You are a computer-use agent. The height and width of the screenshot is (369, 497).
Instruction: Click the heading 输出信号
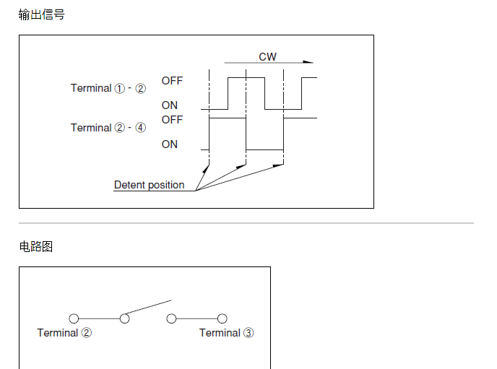point(41,14)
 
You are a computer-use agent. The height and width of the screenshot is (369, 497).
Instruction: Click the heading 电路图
point(35,247)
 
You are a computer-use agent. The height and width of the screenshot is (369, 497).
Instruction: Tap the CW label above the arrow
point(267,56)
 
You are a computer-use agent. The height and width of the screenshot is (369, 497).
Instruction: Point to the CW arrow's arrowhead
point(310,63)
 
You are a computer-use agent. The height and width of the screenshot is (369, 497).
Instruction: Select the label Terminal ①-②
point(108,88)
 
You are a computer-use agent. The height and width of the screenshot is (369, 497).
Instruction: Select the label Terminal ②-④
point(108,128)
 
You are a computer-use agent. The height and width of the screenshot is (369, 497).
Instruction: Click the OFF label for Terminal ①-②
point(172,81)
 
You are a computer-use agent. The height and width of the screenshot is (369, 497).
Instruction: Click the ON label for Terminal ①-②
point(169,105)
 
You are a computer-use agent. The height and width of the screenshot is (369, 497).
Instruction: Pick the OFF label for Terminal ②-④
point(172,119)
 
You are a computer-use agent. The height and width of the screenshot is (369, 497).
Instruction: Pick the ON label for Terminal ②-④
point(169,144)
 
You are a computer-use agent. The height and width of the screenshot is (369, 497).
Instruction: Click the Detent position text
point(149,185)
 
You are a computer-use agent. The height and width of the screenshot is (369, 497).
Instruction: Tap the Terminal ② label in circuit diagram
point(64,333)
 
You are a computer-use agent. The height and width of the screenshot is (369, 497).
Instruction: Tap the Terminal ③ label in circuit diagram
point(226,333)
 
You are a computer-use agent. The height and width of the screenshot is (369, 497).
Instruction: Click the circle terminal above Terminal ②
point(73,318)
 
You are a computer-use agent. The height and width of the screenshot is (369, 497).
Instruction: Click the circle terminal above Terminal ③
point(222,318)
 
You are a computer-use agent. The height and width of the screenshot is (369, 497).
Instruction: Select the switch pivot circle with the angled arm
point(124,318)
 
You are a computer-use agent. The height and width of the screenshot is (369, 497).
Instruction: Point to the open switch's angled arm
point(149,308)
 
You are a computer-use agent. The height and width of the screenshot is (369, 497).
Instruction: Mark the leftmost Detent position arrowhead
point(206,169)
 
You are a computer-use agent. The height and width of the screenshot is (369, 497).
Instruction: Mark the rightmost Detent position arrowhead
point(280,166)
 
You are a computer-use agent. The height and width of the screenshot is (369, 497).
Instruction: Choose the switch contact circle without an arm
point(171,318)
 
